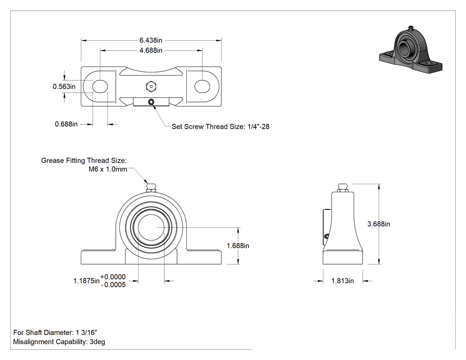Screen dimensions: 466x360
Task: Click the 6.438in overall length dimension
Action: coord(151,40)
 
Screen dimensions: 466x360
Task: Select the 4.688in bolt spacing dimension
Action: coord(151,51)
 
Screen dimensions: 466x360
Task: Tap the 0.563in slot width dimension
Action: coord(64,87)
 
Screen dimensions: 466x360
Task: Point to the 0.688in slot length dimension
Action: coord(66,124)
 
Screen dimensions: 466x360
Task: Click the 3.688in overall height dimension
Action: coord(379,224)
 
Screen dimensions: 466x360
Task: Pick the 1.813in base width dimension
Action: coord(343,281)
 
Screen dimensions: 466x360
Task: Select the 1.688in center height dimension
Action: coord(238,246)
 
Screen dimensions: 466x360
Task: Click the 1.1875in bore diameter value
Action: coord(87,281)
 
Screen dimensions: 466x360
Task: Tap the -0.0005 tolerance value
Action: coord(113,285)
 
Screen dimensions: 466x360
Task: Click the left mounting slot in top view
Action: coord(100,87)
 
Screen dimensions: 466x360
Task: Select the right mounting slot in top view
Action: coord(202,87)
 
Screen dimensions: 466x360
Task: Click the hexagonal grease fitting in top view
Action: coord(151,87)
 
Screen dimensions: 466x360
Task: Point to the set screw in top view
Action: coord(151,102)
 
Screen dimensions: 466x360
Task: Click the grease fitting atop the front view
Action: coord(151,188)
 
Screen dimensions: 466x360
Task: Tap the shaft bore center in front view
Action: coord(151,227)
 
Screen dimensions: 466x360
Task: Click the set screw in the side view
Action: coord(327,236)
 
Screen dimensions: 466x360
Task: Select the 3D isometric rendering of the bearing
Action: coord(411,50)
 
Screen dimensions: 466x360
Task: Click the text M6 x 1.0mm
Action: coord(108,170)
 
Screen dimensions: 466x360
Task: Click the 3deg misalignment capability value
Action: coord(98,342)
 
